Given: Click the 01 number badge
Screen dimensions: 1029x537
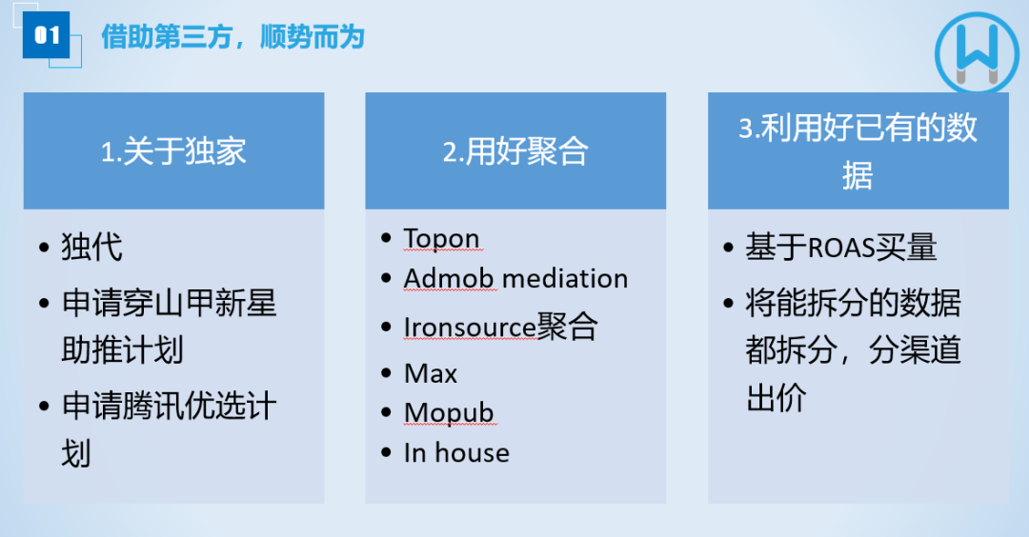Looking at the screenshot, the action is pyautogui.click(x=46, y=34).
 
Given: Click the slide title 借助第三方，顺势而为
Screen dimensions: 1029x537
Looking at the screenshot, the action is pyautogui.click(x=233, y=37).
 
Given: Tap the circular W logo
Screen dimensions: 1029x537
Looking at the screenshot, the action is pyautogui.click(x=978, y=53).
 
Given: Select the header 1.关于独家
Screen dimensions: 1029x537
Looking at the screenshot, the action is pyautogui.click(x=173, y=151).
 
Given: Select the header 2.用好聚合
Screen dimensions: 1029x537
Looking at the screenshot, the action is pyautogui.click(x=515, y=151).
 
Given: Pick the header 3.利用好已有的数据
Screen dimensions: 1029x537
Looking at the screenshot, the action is pyautogui.click(x=857, y=151).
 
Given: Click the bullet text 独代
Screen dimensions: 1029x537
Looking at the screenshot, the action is pyautogui.click(x=91, y=248).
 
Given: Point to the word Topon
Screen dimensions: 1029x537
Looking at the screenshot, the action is pyautogui.click(x=442, y=239).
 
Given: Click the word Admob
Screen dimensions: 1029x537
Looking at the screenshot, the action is pyautogui.click(x=449, y=279).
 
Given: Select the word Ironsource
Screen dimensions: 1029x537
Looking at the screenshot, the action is pyautogui.click(x=470, y=328).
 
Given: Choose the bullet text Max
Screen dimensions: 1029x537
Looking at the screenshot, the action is pyautogui.click(x=431, y=374).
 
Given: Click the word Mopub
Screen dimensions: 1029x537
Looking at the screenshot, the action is pyautogui.click(x=449, y=413).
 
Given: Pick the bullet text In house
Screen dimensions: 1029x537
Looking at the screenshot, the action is pyautogui.click(x=456, y=453).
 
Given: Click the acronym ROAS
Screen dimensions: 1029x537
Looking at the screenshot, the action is pyautogui.click(x=840, y=248).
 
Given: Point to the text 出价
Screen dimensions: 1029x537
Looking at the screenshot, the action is pyautogui.click(x=777, y=397).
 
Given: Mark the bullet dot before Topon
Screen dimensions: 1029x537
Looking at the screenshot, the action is pyautogui.click(x=387, y=238).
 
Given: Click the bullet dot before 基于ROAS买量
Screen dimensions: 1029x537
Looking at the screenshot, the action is pyautogui.click(x=728, y=248).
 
